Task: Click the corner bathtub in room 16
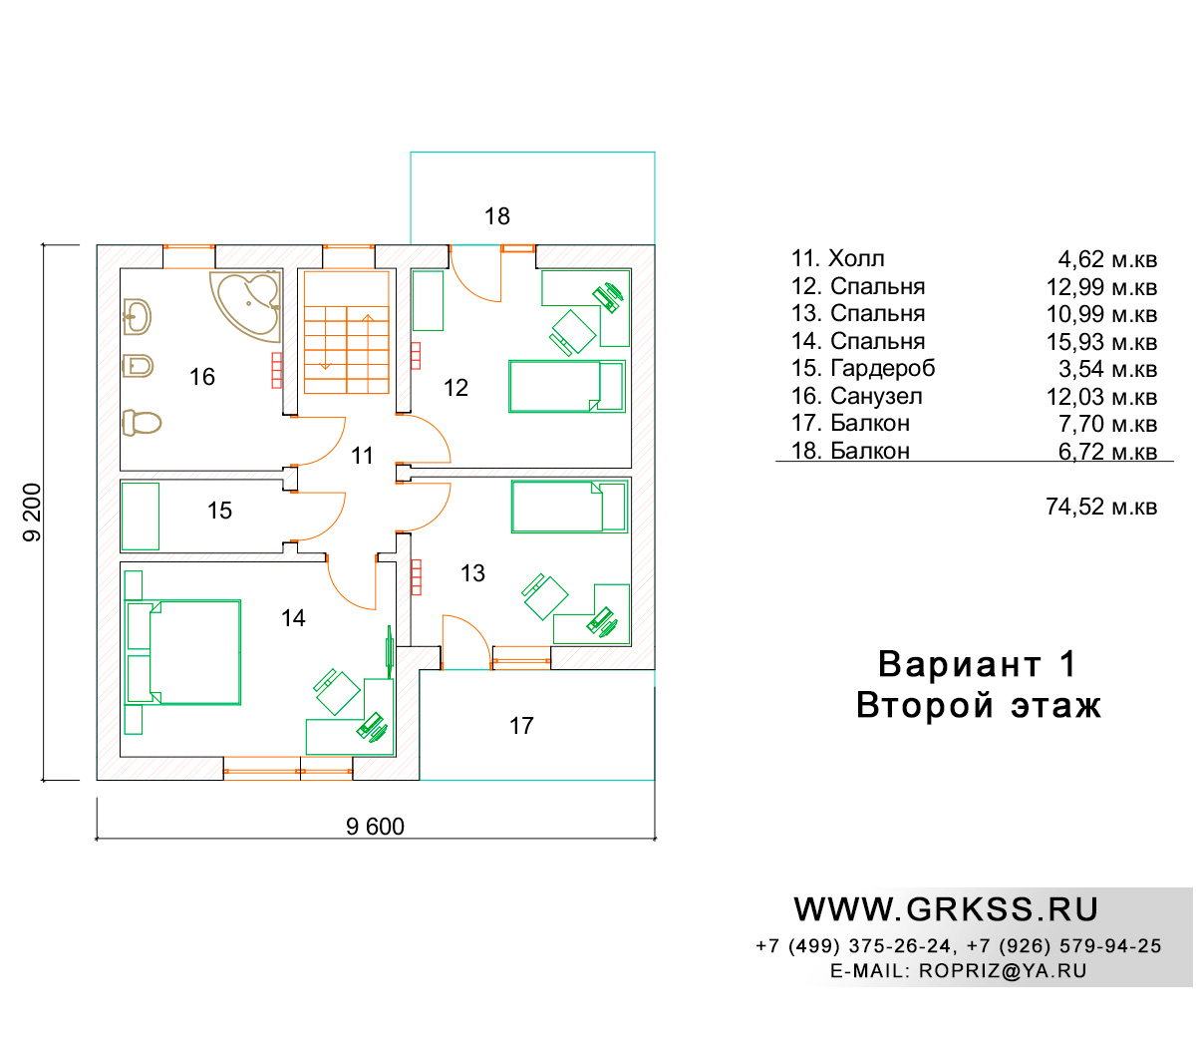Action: point(246,305)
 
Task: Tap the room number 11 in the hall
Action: point(362,456)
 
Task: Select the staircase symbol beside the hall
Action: point(347,332)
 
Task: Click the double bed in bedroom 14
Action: point(183,652)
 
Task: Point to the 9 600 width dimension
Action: point(375,827)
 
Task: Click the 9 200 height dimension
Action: point(32,513)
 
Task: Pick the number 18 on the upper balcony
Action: point(497,216)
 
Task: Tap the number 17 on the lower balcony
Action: point(521,726)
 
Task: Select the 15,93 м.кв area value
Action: point(1101,342)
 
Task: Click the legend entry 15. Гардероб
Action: point(863,369)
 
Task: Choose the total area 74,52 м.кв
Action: point(1101,507)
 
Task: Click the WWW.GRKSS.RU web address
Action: point(946,909)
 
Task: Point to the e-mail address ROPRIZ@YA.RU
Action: point(1003,970)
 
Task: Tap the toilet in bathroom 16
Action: point(142,423)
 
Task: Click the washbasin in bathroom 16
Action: point(138,316)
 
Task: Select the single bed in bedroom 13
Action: point(569,507)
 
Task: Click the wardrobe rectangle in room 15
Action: point(141,517)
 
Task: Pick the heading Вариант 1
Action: point(977,664)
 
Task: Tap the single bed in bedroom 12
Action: point(567,387)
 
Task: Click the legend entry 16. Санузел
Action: point(856,396)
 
